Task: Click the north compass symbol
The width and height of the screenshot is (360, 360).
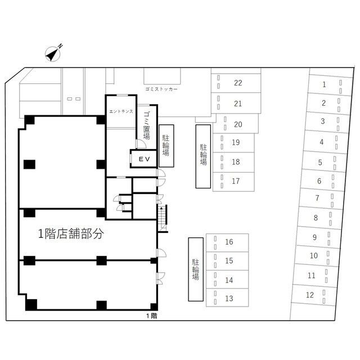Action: click(x=53, y=53)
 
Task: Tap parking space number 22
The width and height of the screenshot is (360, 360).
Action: click(x=236, y=83)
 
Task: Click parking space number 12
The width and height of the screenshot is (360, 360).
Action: click(x=313, y=295)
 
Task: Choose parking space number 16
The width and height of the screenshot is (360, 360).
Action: click(x=227, y=242)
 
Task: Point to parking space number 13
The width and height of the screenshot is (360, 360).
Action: click(x=227, y=298)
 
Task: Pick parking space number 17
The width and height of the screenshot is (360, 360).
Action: click(x=233, y=182)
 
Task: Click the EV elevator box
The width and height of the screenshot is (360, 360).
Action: click(x=144, y=159)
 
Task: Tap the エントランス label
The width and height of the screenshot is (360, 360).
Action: click(x=121, y=111)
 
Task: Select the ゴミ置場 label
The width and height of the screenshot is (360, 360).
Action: click(x=146, y=125)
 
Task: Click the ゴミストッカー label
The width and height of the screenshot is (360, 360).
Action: click(x=161, y=89)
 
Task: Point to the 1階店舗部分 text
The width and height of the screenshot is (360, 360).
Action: click(x=71, y=234)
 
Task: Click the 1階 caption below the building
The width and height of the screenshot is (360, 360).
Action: click(x=152, y=316)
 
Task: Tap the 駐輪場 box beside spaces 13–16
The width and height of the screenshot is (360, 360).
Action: click(x=196, y=269)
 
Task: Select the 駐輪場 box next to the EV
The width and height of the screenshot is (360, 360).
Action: click(x=166, y=146)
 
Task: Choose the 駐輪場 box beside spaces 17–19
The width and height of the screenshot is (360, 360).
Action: click(x=203, y=156)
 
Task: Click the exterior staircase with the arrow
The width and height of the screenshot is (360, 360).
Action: click(x=163, y=218)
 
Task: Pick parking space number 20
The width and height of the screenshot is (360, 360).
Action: click(x=236, y=124)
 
